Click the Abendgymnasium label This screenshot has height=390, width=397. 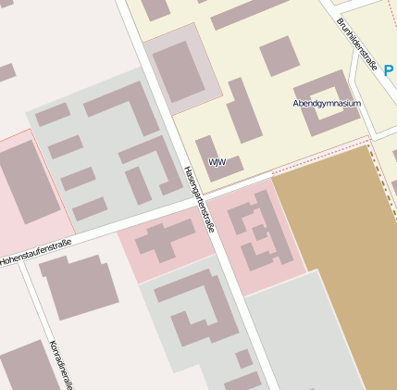[326, 103]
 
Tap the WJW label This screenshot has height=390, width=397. [217, 162]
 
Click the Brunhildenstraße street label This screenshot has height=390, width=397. [356, 44]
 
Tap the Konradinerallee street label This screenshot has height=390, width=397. [61, 365]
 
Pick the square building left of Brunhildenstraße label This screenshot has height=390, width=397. [279, 57]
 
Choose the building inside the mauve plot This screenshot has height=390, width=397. [180, 70]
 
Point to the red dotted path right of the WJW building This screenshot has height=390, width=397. [315, 157]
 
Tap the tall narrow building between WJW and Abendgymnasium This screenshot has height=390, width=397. [243, 111]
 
